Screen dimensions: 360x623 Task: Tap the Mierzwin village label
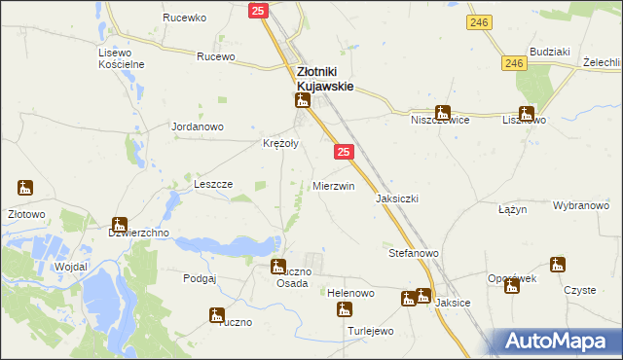333,186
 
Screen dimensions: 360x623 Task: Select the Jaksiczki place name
397,198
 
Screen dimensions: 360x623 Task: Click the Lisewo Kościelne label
122,58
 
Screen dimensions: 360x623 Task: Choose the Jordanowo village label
198,127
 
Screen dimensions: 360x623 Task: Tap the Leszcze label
213,184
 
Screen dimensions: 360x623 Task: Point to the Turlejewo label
370,331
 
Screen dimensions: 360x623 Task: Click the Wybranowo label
581,206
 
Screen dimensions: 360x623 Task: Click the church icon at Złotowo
25,188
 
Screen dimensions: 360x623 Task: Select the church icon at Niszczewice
443,112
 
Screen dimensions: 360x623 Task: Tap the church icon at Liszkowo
527,112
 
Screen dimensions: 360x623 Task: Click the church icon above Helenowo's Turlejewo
344,310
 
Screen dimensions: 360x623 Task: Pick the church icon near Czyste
557,265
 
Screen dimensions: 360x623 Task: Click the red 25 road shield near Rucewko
257,11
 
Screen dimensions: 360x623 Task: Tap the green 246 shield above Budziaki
476,20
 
